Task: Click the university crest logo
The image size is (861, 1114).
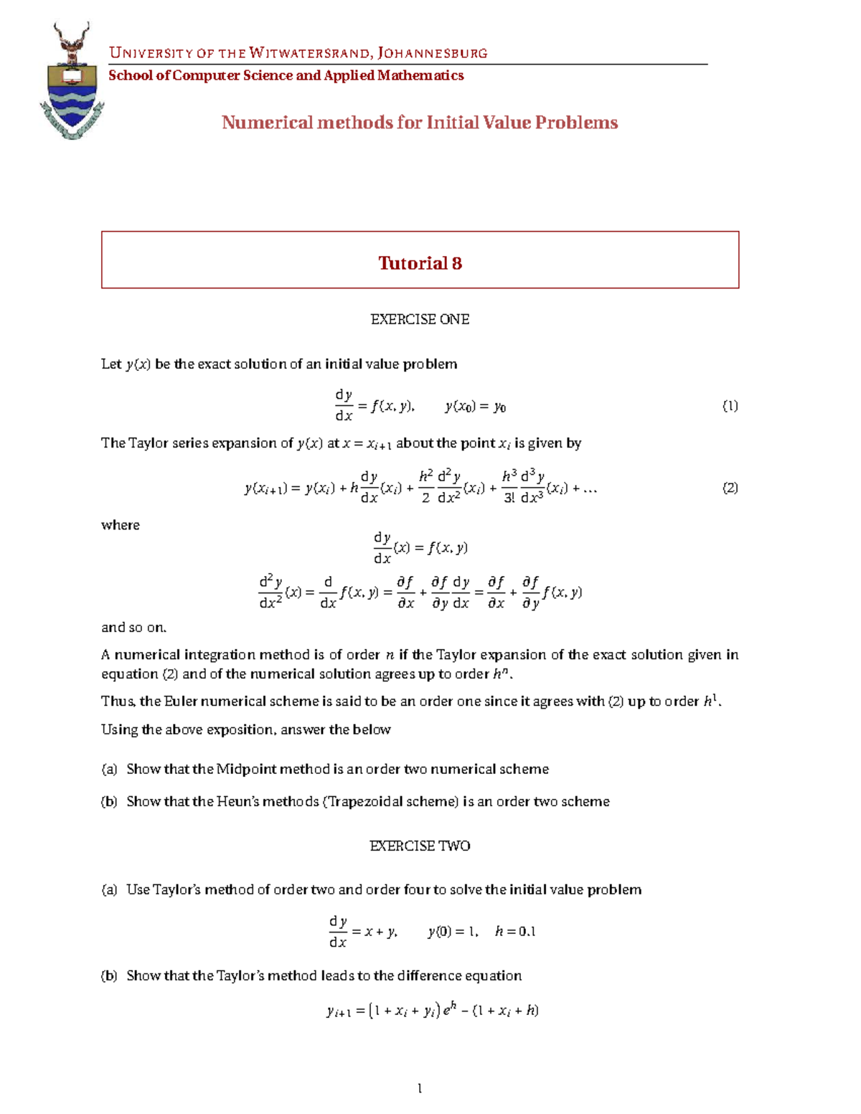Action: [72, 80]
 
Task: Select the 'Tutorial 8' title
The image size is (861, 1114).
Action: [420, 263]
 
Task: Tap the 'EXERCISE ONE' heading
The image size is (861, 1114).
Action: [420, 319]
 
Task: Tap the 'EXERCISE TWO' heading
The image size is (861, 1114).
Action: [420, 846]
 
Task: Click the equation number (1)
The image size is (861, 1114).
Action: [730, 406]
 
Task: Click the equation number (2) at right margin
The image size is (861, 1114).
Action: [730, 488]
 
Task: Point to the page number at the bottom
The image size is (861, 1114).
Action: [420, 1088]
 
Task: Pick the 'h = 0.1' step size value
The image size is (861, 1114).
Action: [515, 931]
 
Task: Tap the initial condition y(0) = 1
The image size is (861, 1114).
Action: [453, 931]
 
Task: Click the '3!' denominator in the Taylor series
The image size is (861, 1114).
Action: [509, 498]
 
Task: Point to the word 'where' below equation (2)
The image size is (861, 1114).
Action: [121, 525]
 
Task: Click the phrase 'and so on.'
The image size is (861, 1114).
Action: [134, 628]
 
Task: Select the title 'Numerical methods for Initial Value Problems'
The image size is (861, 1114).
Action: [420, 123]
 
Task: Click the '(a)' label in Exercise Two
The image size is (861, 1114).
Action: [109, 889]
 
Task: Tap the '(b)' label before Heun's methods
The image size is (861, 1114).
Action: [109, 801]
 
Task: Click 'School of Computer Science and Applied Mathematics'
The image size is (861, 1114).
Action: [286, 75]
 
